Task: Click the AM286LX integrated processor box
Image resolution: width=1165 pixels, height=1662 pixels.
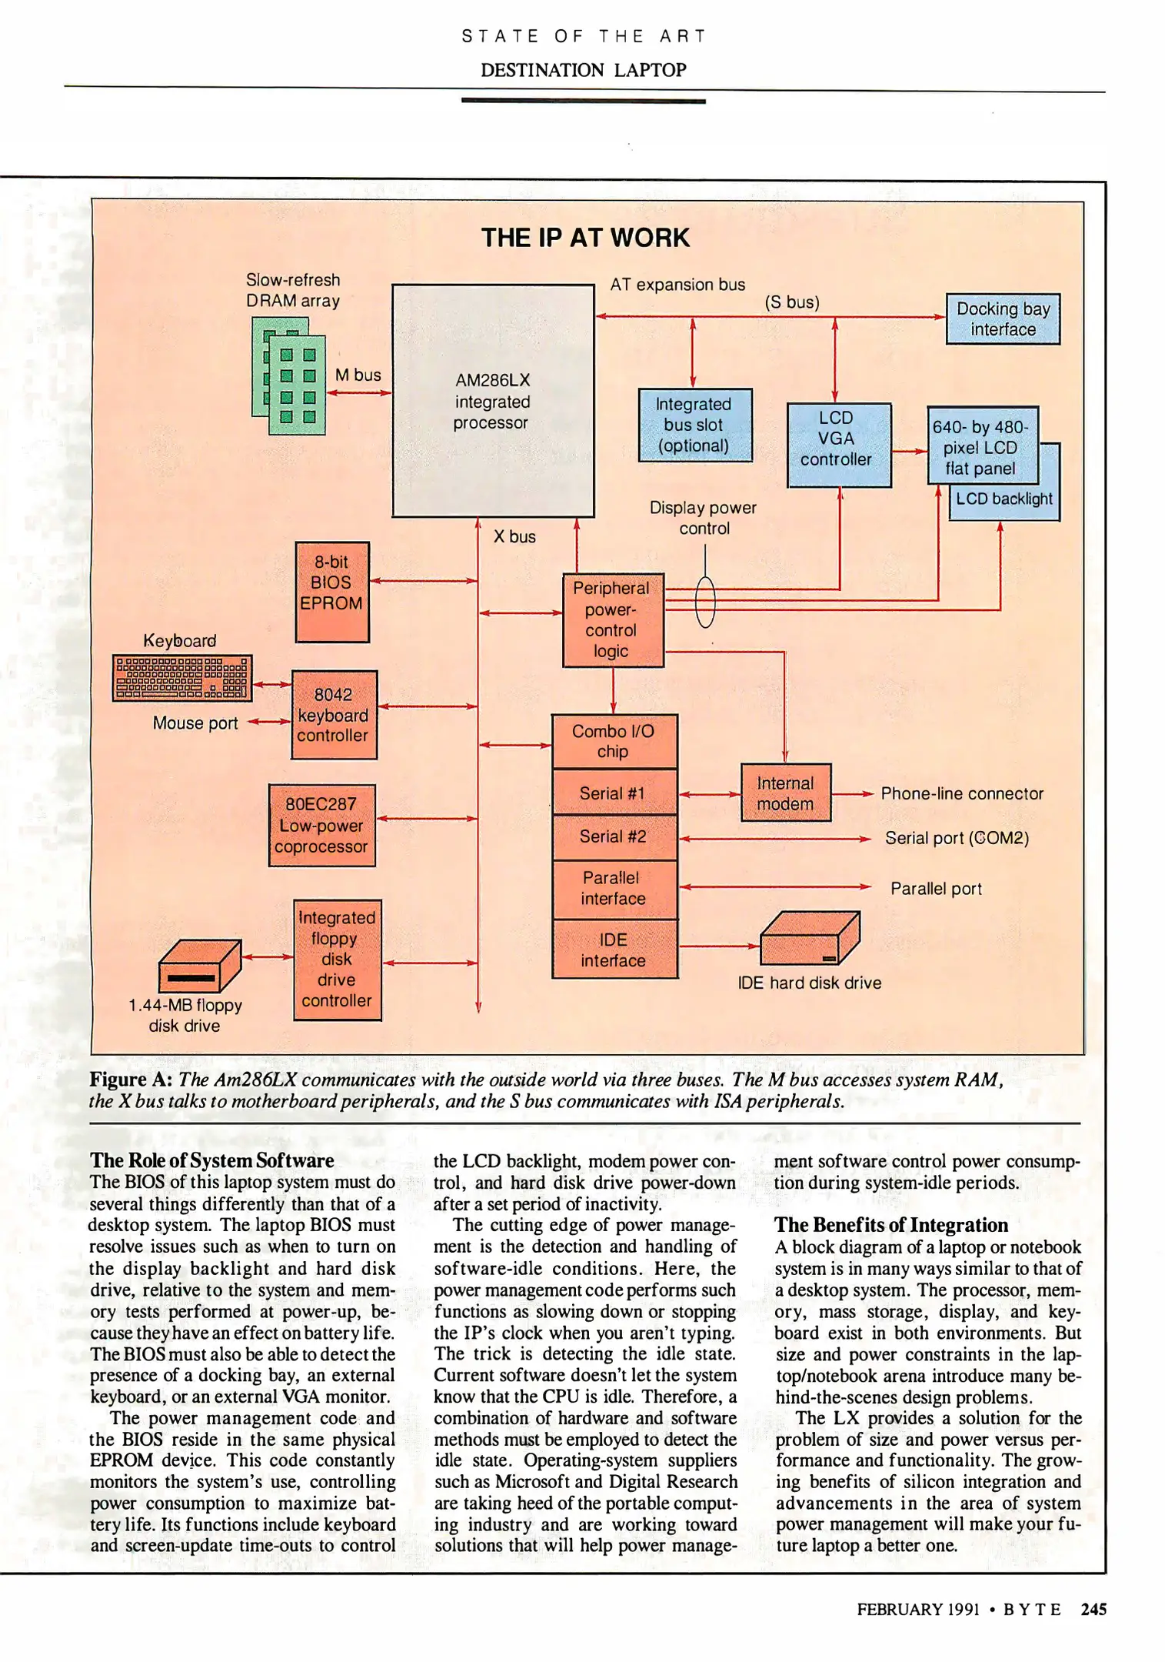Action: pos(492,400)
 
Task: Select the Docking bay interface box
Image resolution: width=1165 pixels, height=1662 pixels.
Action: pos(1002,319)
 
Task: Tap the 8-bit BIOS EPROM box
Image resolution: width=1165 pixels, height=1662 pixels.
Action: pos(331,591)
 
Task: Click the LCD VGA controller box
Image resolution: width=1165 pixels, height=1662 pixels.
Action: pos(838,444)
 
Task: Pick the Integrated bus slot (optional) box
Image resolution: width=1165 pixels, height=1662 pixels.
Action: pos(694,425)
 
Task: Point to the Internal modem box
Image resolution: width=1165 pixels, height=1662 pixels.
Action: pos(785,793)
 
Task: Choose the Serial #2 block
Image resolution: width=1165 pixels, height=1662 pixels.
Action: pos(614,836)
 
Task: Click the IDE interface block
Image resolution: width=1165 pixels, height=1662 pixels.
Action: pos(614,949)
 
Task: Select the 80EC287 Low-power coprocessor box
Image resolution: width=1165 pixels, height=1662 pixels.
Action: pos(321,825)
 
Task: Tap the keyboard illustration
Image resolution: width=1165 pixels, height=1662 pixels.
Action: pos(181,677)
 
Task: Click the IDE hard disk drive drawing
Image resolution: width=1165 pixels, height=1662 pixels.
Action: pos(809,938)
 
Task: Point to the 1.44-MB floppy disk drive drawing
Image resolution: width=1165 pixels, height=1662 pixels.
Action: pos(198,966)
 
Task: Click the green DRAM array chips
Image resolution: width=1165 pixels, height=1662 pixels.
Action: pos(289,376)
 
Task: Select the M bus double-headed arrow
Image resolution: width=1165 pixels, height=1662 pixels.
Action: pos(358,392)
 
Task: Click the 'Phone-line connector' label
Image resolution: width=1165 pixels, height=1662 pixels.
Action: pos(961,793)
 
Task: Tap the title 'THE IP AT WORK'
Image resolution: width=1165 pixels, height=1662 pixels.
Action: pos(584,238)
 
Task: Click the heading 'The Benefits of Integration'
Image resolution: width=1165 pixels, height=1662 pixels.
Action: pos(890,1225)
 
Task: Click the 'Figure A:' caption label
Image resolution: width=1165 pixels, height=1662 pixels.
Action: pos(131,1080)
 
